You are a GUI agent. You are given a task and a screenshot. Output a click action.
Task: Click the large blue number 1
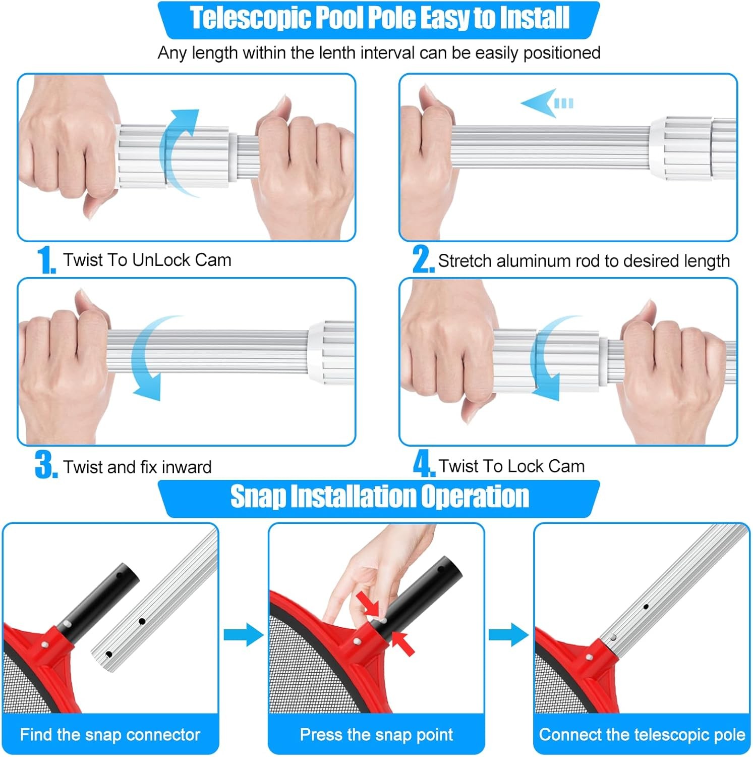click(46, 260)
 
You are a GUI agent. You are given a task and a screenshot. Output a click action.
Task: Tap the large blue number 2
click(423, 259)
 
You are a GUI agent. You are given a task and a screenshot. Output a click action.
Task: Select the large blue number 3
click(46, 465)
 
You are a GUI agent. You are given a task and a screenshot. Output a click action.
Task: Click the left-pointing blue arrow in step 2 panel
click(547, 103)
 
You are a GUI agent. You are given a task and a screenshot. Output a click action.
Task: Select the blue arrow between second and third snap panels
click(508, 634)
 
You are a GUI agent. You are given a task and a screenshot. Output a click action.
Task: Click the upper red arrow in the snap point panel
click(368, 604)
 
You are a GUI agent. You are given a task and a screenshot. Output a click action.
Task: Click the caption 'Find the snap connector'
click(110, 735)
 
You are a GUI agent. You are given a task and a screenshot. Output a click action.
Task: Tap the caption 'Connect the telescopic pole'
click(642, 735)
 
